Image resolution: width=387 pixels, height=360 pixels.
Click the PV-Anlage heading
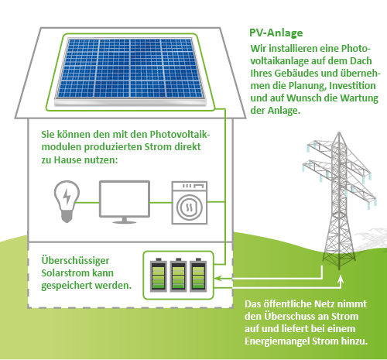[276, 33]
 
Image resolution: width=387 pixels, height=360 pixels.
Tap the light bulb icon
[67, 201]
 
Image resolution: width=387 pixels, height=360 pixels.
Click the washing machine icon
[190, 203]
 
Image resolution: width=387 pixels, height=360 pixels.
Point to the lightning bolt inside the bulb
[67, 196]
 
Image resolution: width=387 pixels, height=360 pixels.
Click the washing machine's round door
[190, 207]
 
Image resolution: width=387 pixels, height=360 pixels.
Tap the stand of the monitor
[125, 220]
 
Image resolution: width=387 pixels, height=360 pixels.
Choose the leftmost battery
[159, 275]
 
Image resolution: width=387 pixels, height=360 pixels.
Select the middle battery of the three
[178, 275]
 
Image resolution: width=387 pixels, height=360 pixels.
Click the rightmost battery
[198, 275]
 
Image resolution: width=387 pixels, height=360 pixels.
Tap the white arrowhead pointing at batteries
[218, 279]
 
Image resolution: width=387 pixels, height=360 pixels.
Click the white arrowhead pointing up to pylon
[341, 279]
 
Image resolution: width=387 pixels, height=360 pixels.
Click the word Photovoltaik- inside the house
[180, 135]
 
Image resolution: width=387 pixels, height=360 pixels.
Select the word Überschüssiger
[75, 261]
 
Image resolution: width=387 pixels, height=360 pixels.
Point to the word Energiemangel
[277, 341]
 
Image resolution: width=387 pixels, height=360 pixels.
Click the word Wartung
[359, 98]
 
